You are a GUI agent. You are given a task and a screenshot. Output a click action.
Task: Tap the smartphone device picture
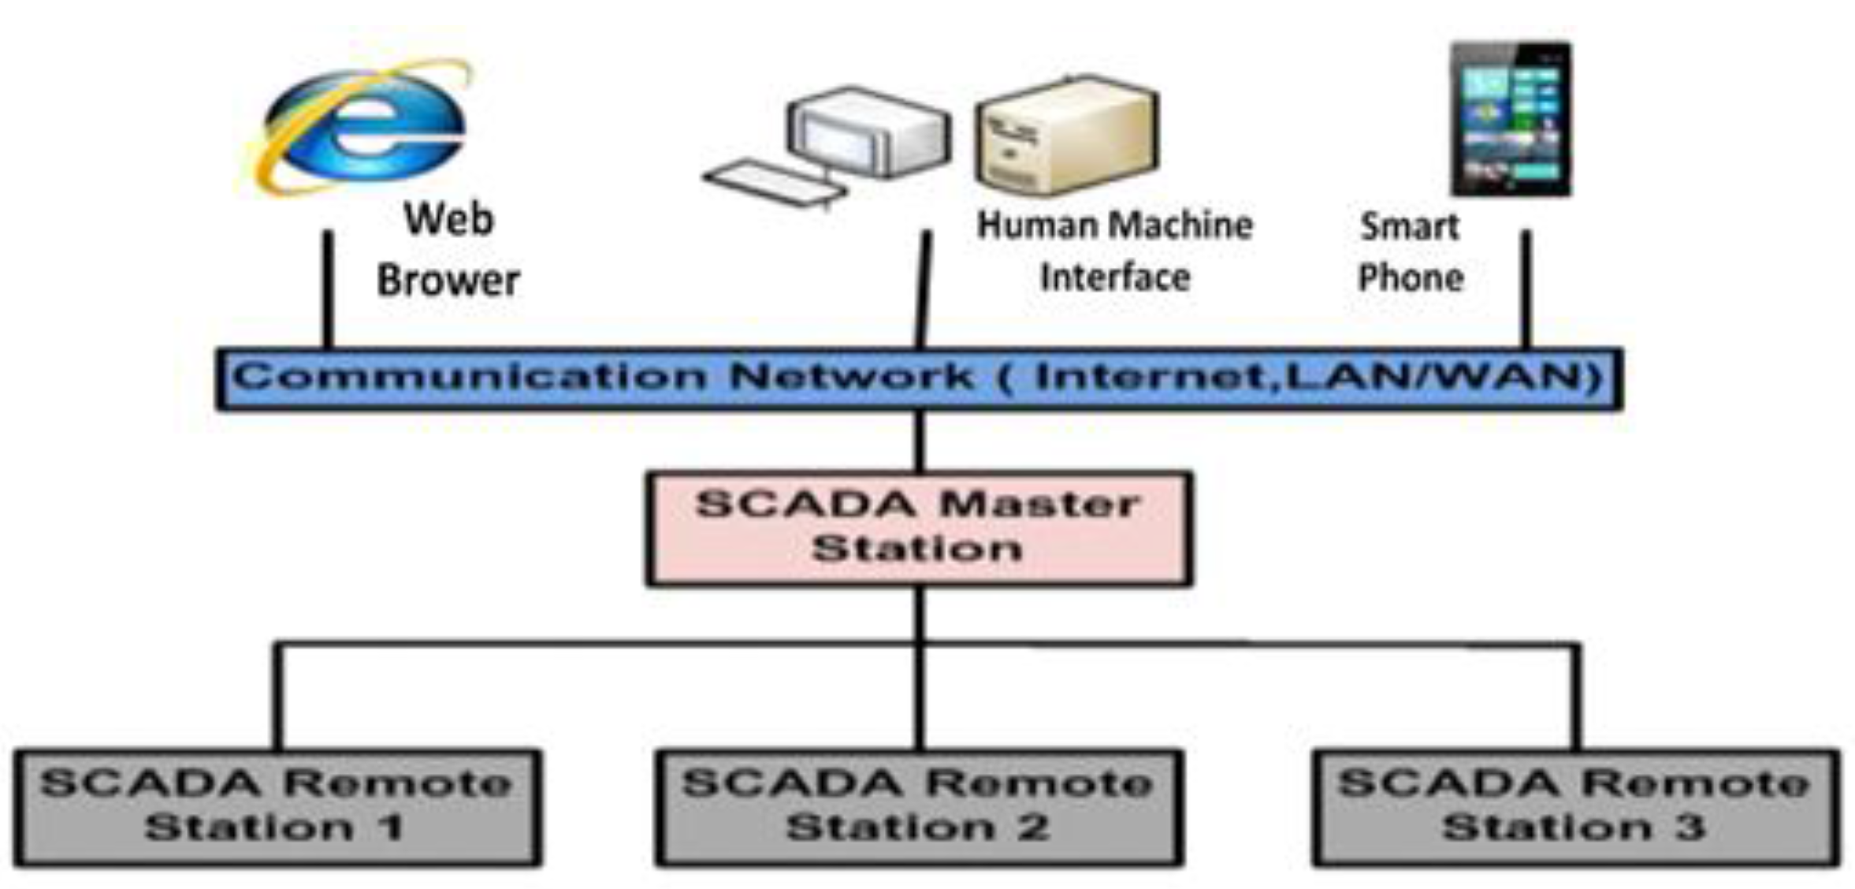(1510, 120)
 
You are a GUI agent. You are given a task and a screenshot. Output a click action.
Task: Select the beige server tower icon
(1066, 136)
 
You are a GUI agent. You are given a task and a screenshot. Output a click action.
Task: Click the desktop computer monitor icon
(868, 132)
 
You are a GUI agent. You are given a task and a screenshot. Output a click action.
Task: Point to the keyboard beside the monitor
(774, 183)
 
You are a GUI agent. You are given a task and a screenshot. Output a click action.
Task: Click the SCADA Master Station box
(919, 528)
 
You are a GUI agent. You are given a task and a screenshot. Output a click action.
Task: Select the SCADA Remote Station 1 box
(277, 807)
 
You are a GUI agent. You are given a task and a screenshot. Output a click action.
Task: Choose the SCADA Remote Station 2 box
(919, 807)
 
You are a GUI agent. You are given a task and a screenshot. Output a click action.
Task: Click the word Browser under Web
(448, 281)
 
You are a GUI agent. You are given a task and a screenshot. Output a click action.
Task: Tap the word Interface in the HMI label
(1114, 277)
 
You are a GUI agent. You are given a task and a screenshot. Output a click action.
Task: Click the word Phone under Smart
(1411, 277)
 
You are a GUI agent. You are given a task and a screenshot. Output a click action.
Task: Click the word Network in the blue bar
(851, 377)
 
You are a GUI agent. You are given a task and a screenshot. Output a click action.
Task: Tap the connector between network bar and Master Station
(920, 441)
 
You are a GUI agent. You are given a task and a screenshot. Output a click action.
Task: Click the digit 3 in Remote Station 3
(1690, 828)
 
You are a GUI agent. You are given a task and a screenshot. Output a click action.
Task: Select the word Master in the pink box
(1040, 504)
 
